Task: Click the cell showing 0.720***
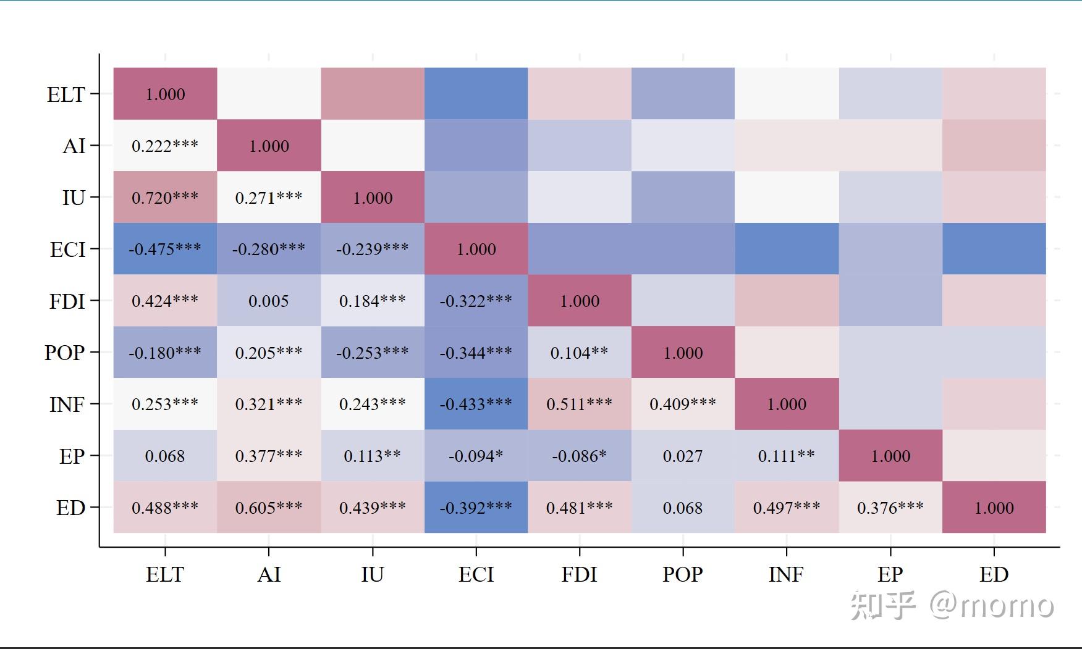click(165, 198)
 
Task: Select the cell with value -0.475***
click(165, 249)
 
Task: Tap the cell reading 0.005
click(269, 301)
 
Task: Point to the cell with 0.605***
click(269, 508)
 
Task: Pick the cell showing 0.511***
click(580, 404)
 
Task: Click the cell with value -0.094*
click(476, 456)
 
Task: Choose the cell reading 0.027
click(683, 456)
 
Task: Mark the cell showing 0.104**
click(580, 353)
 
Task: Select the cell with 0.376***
click(890, 508)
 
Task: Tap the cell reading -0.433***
click(476, 404)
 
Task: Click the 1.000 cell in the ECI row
click(476, 249)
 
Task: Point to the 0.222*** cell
click(165, 146)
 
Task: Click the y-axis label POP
click(65, 353)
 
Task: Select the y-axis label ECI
click(67, 249)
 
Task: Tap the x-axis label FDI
click(580, 575)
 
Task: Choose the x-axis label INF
click(787, 575)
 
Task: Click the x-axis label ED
click(994, 575)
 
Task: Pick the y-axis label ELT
click(66, 94)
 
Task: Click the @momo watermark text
click(991, 605)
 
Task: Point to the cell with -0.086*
click(580, 456)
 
